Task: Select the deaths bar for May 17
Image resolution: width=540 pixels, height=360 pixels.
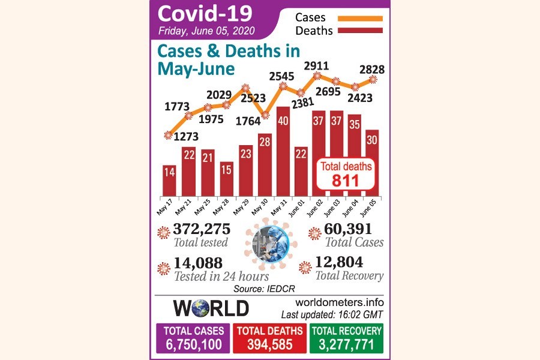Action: point(169,180)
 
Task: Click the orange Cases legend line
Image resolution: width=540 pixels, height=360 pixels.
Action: point(360,18)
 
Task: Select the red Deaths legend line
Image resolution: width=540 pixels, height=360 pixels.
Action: point(360,31)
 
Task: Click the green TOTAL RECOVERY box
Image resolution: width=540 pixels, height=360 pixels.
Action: point(346,338)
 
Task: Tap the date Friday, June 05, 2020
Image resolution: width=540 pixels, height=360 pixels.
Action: point(207,31)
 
